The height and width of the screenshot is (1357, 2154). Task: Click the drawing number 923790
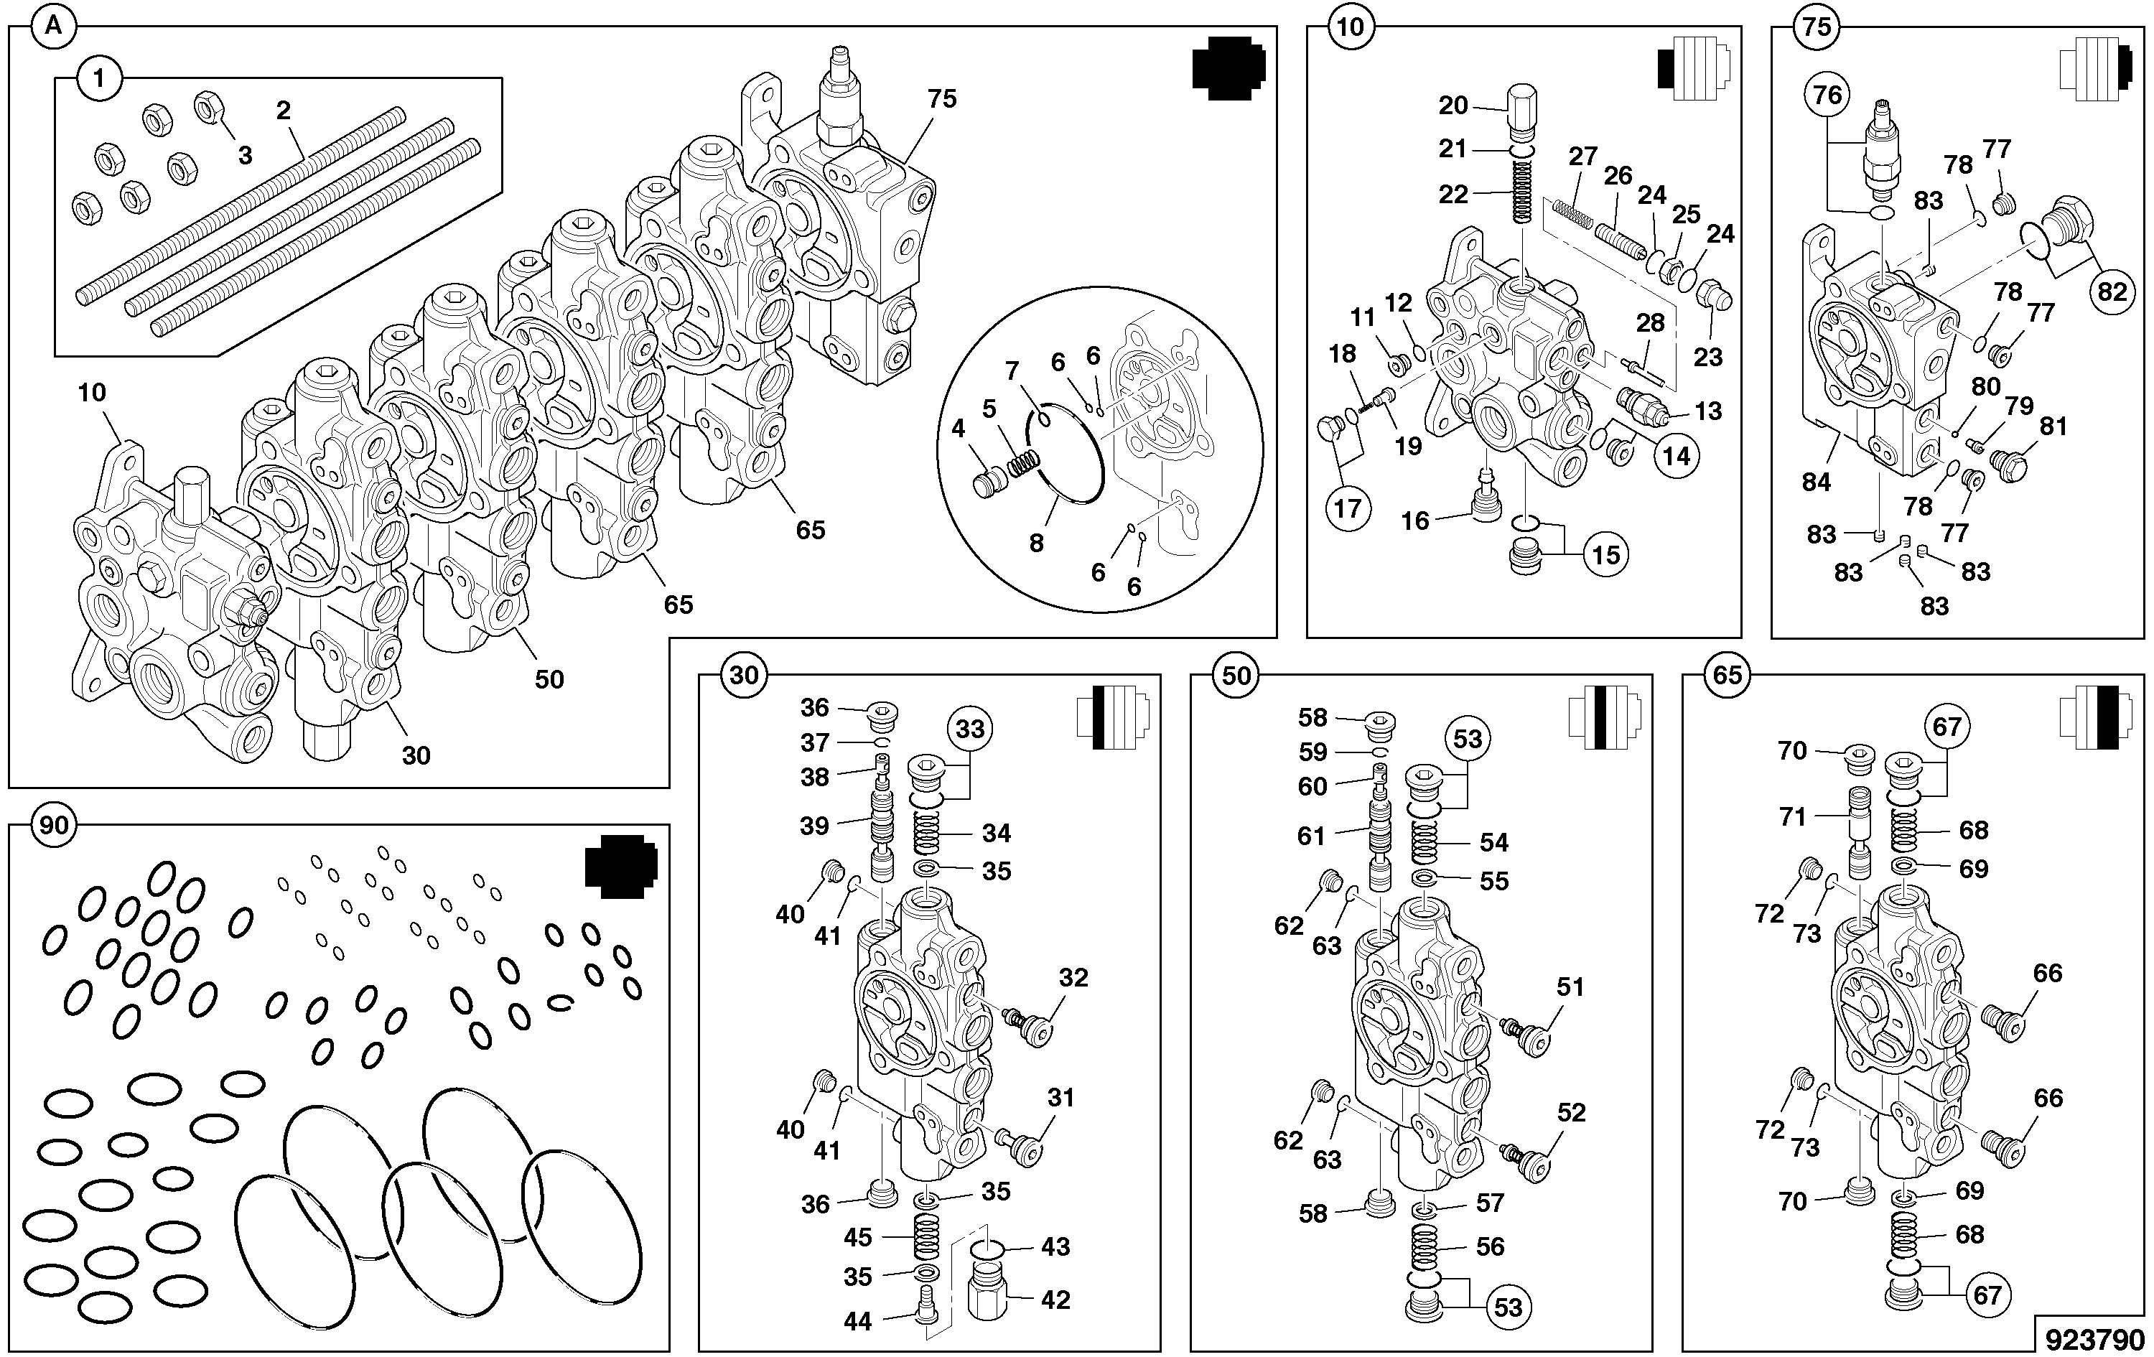point(2093,1339)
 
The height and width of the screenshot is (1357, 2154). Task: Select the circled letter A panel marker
point(54,26)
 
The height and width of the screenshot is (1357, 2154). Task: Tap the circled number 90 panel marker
point(54,825)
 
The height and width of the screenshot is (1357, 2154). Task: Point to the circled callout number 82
point(2112,292)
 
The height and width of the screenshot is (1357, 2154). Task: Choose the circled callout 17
point(1347,509)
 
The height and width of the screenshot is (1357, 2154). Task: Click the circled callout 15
point(1605,554)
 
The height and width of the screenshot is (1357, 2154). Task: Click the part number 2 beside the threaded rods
point(284,111)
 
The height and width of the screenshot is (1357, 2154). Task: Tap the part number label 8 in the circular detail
point(1037,543)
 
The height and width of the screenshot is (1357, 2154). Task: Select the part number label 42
point(1055,1300)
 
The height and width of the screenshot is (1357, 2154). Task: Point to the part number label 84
point(1816,482)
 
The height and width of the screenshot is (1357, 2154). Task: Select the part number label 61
point(1311,836)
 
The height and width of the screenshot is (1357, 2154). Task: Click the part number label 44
point(858,1320)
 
